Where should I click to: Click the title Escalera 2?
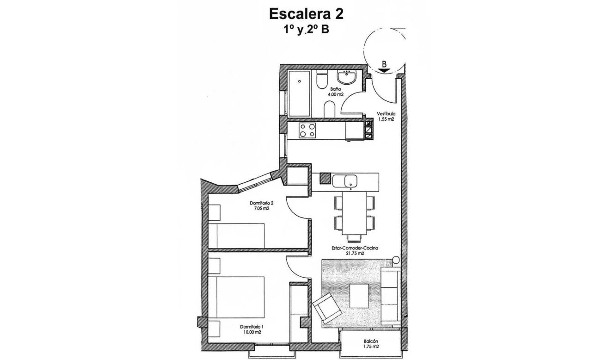click(x=306, y=14)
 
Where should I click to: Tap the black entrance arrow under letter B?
click(x=384, y=70)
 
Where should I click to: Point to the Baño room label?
click(x=336, y=89)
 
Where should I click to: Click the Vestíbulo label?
click(x=386, y=113)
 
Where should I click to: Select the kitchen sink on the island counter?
click(x=350, y=180)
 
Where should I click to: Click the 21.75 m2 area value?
click(x=355, y=254)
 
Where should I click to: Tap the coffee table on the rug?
click(x=359, y=296)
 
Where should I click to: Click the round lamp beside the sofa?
click(x=396, y=260)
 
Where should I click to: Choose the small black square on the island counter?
click(x=325, y=179)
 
